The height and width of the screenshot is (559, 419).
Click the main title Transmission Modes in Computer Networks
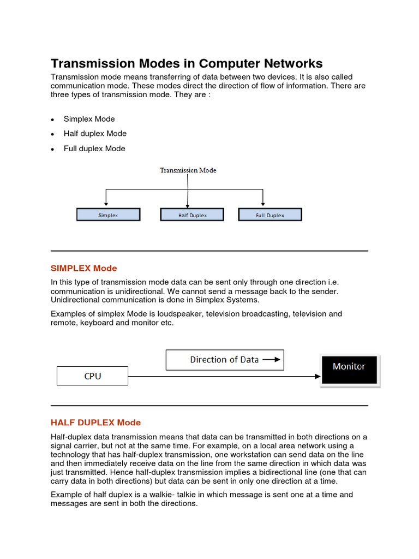coord(187,63)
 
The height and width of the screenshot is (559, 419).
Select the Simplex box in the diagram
coord(108,215)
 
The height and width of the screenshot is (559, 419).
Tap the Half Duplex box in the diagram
coord(192,215)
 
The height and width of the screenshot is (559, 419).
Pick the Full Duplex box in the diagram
coord(270,215)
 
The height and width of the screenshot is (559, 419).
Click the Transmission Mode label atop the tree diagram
coord(188,170)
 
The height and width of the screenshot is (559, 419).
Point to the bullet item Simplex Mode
coord(89,119)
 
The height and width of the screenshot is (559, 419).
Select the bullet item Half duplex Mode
coord(95,134)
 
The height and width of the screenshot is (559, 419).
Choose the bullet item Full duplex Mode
coord(94,148)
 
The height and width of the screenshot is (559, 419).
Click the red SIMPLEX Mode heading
coord(83,268)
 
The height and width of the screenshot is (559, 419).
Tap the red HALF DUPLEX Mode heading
coord(95,423)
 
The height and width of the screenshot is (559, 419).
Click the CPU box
coord(92,376)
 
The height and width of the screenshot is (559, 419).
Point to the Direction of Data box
coord(224,360)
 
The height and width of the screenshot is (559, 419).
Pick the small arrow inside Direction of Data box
coord(271,360)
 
